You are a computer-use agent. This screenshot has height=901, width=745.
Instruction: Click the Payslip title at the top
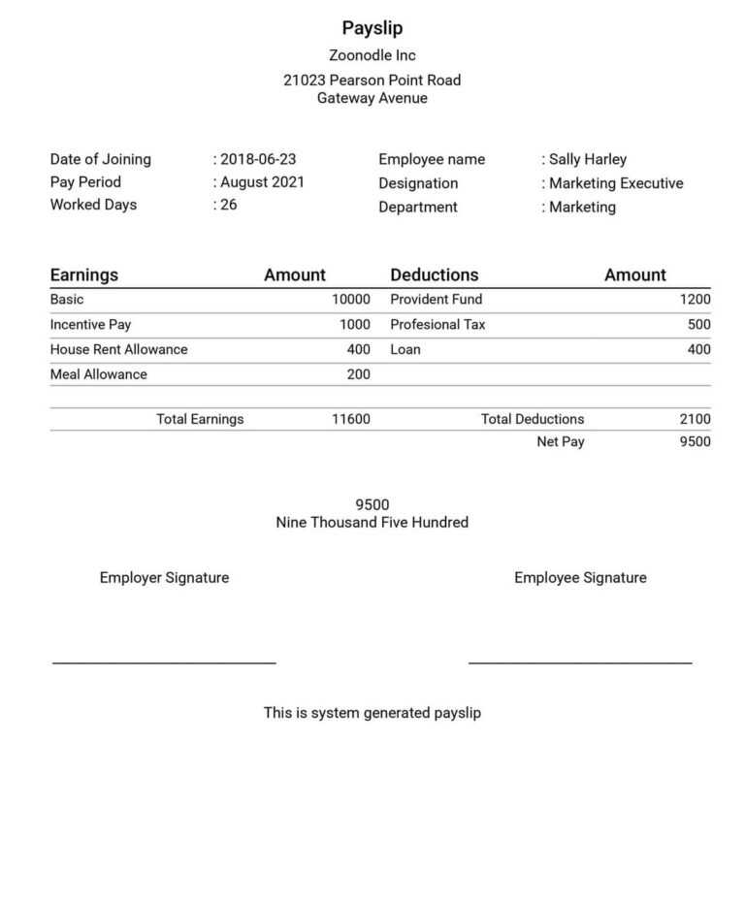[372, 28]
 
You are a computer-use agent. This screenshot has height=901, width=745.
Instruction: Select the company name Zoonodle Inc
[372, 55]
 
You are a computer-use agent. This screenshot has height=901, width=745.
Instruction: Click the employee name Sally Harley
[588, 159]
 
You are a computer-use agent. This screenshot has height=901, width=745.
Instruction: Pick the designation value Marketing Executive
[616, 183]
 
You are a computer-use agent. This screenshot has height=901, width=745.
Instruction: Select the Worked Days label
[93, 205]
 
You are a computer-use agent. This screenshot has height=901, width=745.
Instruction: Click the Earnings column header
[84, 274]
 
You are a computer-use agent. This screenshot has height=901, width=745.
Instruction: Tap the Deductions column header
[434, 274]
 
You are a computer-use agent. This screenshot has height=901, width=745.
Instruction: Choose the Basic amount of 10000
[350, 300]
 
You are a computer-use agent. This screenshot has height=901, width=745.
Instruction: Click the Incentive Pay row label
[90, 325]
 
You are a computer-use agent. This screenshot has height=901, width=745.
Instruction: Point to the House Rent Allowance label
[118, 349]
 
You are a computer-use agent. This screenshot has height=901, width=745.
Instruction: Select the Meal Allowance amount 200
[358, 374]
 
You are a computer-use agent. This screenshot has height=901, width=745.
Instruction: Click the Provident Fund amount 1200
[695, 300]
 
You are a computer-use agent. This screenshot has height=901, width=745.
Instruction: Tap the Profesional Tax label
[437, 325]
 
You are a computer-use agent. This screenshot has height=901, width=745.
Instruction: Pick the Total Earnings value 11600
[350, 419]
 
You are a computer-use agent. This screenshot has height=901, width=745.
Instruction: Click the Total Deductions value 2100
[695, 419]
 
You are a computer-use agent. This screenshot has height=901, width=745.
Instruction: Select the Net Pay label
[561, 442]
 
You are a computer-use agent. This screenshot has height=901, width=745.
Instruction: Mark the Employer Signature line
[164, 662]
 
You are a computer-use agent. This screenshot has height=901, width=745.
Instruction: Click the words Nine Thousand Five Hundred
[372, 523]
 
